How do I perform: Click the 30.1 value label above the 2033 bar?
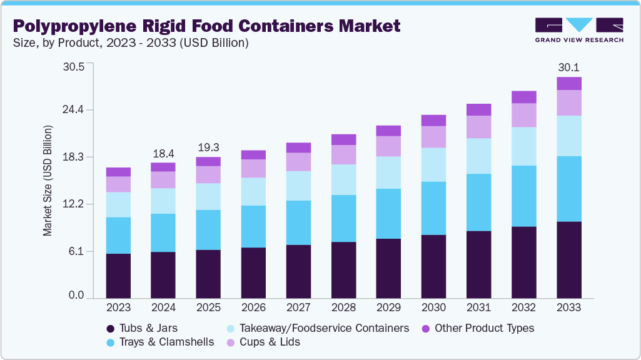click(x=568, y=67)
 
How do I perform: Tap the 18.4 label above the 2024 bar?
click(x=163, y=153)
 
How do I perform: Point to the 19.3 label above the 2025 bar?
click(x=208, y=147)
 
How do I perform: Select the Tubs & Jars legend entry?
click(x=141, y=328)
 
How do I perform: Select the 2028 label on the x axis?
click(x=343, y=308)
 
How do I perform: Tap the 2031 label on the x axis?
click(x=478, y=308)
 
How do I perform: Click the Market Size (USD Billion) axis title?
click(x=48, y=181)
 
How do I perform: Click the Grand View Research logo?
click(x=578, y=30)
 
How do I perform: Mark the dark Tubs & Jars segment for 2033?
click(x=568, y=259)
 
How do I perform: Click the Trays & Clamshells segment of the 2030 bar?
click(x=433, y=208)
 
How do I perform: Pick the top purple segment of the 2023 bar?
click(x=118, y=172)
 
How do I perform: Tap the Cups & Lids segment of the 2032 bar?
click(x=523, y=115)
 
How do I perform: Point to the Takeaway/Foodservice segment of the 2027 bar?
click(x=298, y=186)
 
